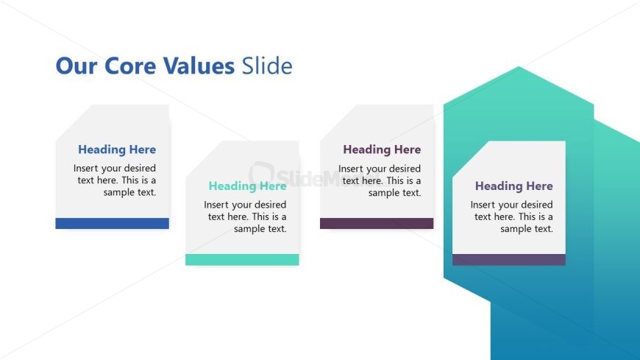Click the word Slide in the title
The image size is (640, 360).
point(266,66)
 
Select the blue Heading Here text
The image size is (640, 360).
point(117,149)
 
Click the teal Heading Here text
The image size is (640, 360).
point(247,186)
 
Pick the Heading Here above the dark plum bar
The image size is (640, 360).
point(382,149)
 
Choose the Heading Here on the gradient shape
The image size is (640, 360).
point(513,186)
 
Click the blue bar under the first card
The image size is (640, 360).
point(112,223)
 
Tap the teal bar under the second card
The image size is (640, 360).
point(242,259)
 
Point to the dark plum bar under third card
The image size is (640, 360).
point(377,223)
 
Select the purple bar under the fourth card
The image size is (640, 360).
point(508,259)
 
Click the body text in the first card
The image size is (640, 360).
point(115,180)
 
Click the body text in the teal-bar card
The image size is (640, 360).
point(246,216)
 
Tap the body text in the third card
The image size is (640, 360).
point(380,180)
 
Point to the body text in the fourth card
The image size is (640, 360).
point(513,216)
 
